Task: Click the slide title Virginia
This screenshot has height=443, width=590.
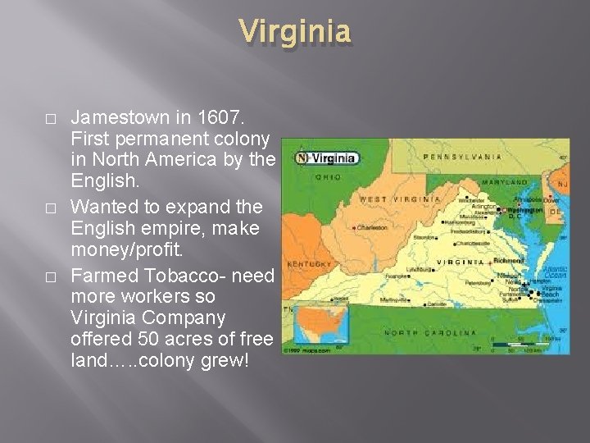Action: point(296,33)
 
